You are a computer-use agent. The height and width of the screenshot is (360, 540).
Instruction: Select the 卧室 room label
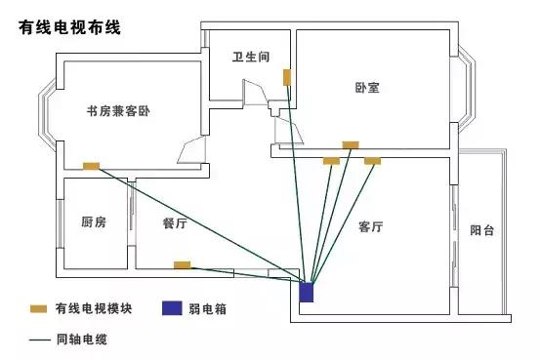click(367, 87)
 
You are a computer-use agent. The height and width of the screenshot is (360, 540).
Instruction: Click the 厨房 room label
click(94, 222)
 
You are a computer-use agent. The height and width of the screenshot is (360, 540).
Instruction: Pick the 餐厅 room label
click(176, 222)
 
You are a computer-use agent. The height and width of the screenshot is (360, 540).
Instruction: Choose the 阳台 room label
click(481, 230)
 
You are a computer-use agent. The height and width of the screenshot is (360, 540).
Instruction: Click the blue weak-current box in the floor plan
click(307, 291)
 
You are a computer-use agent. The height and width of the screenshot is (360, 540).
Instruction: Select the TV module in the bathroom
click(287, 76)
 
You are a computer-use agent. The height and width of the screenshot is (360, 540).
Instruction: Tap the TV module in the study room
click(92, 166)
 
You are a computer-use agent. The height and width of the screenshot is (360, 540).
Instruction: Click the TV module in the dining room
click(182, 264)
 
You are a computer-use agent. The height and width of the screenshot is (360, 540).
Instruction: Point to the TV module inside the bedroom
click(350, 145)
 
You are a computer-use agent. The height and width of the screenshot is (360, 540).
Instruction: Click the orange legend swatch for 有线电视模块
click(38, 309)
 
